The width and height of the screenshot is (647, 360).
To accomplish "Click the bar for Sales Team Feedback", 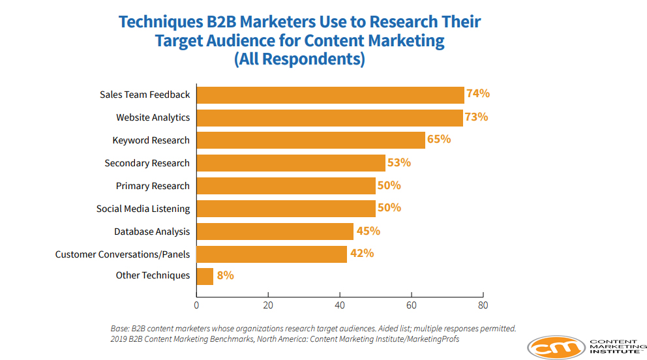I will (x=330, y=95).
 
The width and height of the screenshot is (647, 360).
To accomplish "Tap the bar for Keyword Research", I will (x=310, y=140).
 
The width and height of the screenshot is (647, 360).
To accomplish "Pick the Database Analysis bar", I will (x=275, y=232).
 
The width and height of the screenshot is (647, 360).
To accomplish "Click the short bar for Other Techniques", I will (x=205, y=276).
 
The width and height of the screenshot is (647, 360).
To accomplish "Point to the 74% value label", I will (x=478, y=94).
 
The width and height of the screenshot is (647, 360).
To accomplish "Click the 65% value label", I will (x=439, y=140).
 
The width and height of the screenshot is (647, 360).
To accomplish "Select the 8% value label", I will (x=225, y=275).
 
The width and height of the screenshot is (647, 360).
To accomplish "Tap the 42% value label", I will (x=362, y=253).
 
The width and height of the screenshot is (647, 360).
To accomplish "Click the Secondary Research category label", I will (x=147, y=163).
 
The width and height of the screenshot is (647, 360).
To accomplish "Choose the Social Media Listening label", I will (x=143, y=209).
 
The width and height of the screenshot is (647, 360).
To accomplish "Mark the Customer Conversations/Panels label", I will (x=122, y=254).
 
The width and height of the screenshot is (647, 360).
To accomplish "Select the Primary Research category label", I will (x=153, y=186).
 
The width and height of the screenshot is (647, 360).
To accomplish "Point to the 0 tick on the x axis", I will (x=196, y=305).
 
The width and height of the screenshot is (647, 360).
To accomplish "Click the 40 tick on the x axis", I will (x=339, y=305).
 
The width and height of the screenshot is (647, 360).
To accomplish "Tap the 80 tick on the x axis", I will (x=482, y=305).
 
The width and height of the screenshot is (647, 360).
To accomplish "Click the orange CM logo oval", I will (x=556, y=348).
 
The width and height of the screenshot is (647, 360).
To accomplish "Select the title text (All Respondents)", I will (x=299, y=59).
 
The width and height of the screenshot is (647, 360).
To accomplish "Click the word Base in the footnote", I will (x=121, y=329).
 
